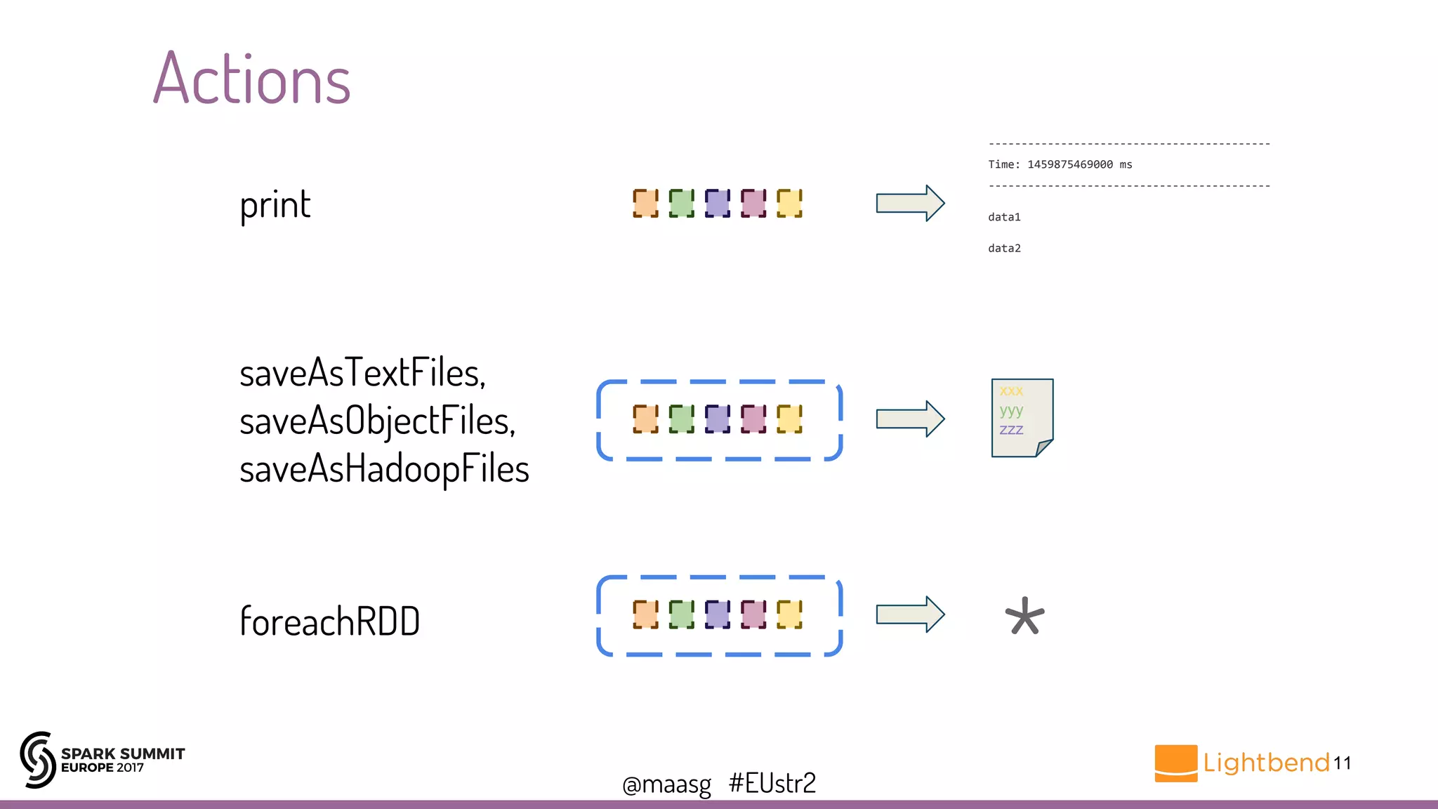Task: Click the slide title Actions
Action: coord(251,79)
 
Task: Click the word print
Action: coord(275,205)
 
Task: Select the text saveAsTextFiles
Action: coord(362,372)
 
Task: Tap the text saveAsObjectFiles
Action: coord(377,421)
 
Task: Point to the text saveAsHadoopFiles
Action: coord(384,469)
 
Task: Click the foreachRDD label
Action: coord(329,621)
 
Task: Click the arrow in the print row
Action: coord(910,204)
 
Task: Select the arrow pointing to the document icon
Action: coord(910,419)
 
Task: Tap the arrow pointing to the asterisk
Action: coord(910,614)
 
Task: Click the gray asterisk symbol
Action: coord(1024,616)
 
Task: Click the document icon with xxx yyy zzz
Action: coord(1022,418)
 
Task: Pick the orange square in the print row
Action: coord(645,204)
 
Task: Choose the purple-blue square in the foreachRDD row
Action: coord(717,614)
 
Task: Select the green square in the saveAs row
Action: coord(681,419)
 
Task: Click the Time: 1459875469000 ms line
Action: coord(1060,164)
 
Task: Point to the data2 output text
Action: coord(1004,248)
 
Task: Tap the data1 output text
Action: coord(1004,217)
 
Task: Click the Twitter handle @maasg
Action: coord(666,784)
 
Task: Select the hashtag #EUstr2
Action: coord(772,783)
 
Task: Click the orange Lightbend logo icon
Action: coord(1175,763)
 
